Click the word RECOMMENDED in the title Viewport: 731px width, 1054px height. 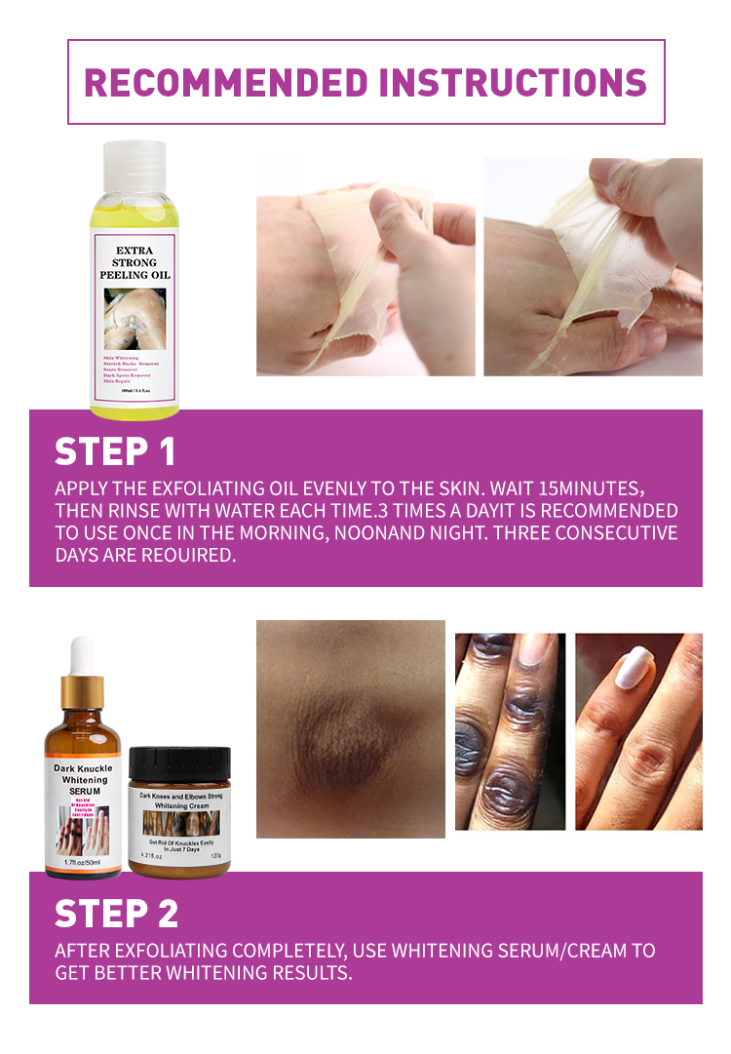click(x=226, y=82)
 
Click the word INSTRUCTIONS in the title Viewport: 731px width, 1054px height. click(x=513, y=82)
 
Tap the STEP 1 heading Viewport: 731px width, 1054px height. click(x=115, y=451)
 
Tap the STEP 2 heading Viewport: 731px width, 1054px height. click(x=117, y=914)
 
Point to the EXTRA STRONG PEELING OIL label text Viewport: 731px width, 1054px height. click(x=135, y=262)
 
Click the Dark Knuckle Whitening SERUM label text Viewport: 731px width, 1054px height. click(x=83, y=781)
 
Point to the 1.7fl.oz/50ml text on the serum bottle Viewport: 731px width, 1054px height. click(x=83, y=863)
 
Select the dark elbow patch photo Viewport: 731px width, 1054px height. click(x=351, y=728)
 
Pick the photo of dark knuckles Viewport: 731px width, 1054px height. click(x=510, y=731)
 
